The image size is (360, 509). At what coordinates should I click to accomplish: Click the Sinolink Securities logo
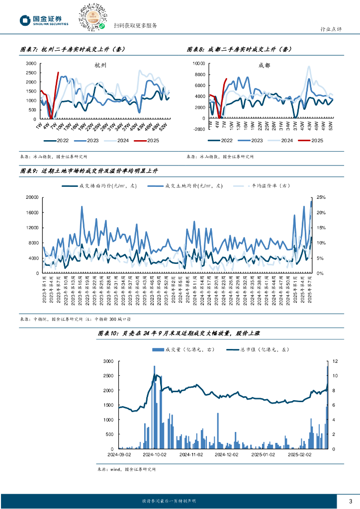click(44, 20)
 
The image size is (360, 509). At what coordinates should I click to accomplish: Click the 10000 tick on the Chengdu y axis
click(199, 64)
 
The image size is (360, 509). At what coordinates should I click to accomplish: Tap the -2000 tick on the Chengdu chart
click(199, 129)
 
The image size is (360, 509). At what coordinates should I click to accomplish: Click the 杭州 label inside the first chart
click(100, 65)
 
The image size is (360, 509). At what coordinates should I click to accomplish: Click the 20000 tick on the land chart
click(32, 197)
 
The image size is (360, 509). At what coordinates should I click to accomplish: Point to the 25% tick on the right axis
click(321, 197)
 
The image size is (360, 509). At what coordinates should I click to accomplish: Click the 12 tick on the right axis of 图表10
click(336, 361)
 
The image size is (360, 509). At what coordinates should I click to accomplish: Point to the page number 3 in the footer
click(350, 501)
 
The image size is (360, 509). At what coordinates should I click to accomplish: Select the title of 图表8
click(239, 49)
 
